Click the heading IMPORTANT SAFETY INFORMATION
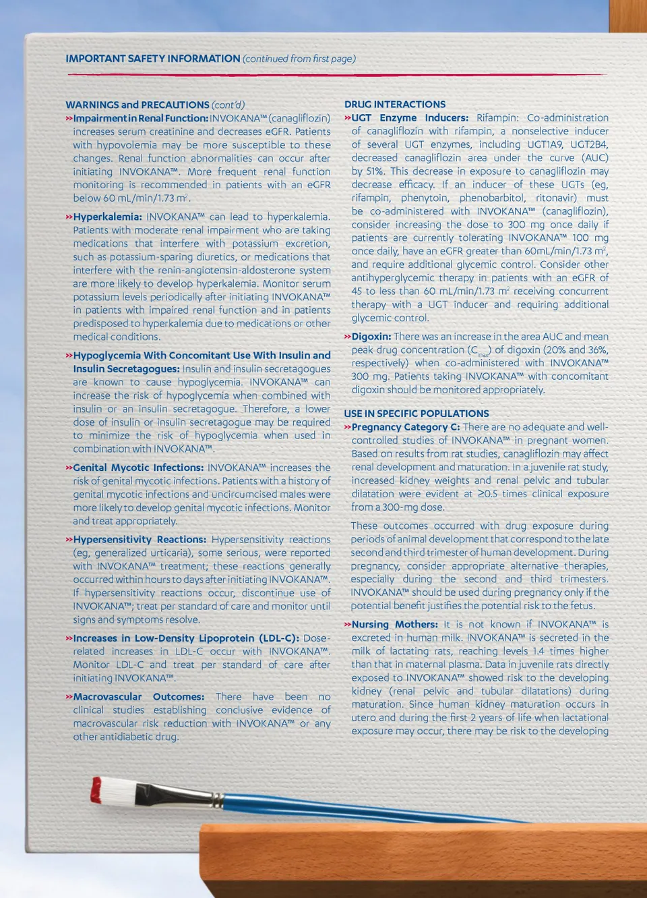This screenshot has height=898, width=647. (152, 59)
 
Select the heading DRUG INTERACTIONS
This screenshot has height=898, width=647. (394, 105)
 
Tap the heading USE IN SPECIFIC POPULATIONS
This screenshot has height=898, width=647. (416, 414)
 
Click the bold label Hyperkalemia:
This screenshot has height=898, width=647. (107, 217)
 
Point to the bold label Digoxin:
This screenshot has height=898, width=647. (371, 337)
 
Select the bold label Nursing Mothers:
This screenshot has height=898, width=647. (394, 625)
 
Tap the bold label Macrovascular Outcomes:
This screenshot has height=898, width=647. (138, 697)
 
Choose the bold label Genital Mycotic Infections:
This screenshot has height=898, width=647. (137, 468)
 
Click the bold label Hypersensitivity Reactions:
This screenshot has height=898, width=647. (140, 540)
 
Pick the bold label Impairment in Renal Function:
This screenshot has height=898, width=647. (140, 119)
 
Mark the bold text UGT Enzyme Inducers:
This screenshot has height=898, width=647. (410, 118)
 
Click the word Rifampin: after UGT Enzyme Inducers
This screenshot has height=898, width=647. (497, 118)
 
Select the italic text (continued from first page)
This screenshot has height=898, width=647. (299, 59)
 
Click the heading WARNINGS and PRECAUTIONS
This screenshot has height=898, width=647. (137, 105)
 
